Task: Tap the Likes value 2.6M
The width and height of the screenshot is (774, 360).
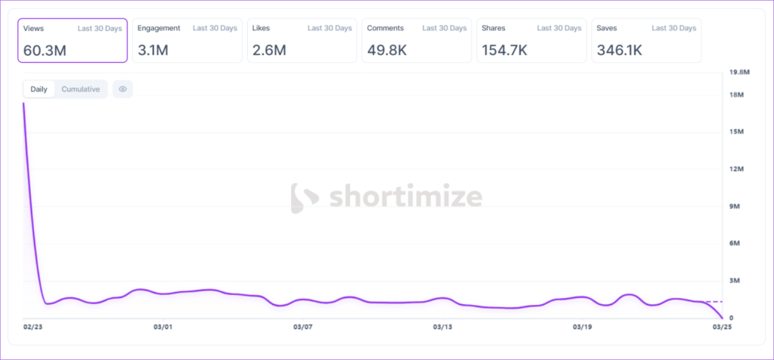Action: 269,50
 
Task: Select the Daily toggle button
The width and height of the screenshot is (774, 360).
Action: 39,89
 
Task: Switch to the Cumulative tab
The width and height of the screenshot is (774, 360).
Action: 80,89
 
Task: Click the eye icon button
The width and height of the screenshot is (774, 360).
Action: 122,89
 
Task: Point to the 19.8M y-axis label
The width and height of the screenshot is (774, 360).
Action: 738,73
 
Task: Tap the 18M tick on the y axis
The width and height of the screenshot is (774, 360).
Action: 736,95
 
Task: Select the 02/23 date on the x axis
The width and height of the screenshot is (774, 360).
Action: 33,327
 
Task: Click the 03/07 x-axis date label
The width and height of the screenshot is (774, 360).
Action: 302,327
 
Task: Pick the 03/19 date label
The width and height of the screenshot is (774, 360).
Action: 582,327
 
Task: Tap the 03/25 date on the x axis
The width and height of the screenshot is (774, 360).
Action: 722,327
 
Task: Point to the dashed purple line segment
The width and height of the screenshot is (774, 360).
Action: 714,302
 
